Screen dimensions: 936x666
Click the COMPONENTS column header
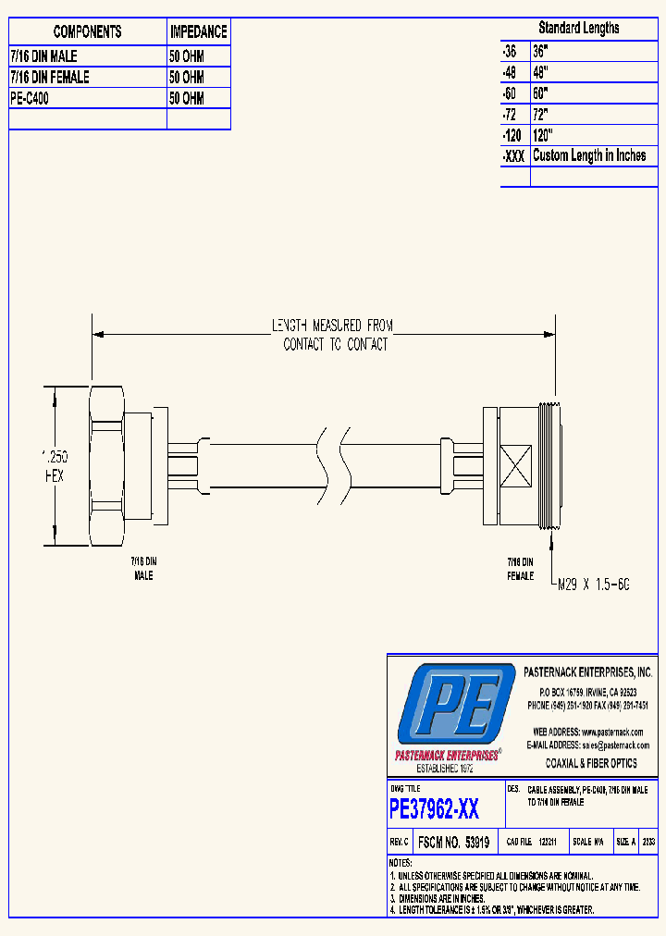click(87, 31)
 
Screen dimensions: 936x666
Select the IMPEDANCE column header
click(198, 31)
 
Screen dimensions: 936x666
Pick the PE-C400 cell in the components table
click(30, 98)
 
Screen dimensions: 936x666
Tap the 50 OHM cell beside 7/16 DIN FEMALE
click(187, 78)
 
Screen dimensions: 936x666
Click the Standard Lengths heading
click(579, 28)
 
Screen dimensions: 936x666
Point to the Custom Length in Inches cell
click(589, 155)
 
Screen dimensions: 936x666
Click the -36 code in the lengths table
click(510, 51)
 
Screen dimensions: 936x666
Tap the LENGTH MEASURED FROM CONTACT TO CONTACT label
click(332, 335)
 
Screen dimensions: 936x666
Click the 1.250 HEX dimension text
click(55, 466)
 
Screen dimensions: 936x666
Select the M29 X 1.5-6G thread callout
click(592, 585)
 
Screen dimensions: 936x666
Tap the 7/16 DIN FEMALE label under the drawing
click(520, 568)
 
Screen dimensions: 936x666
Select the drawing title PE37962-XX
click(435, 810)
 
